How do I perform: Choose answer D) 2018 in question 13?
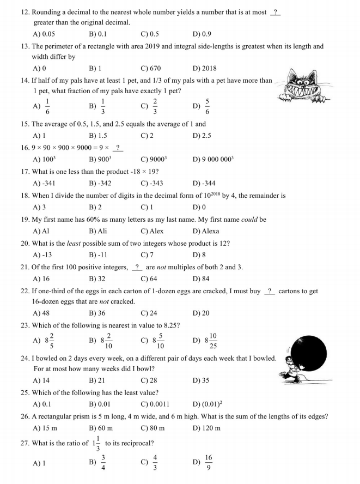pyautogui.click(x=204, y=68)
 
